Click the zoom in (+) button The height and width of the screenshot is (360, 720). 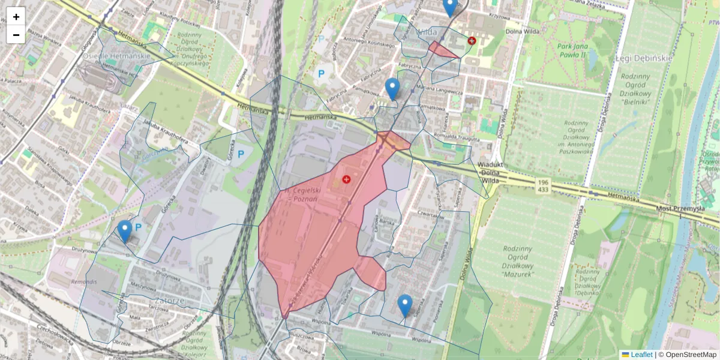pyautogui.click(x=16, y=17)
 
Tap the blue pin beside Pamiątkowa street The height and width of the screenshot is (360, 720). pyautogui.click(x=392, y=89)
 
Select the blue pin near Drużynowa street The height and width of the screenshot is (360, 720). pyautogui.click(x=125, y=231)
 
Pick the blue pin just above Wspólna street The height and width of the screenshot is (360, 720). pyautogui.click(x=405, y=305)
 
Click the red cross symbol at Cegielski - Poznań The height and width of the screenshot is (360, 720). pyautogui.click(x=346, y=179)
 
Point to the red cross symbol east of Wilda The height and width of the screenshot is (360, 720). pyautogui.click(x=472, y=41)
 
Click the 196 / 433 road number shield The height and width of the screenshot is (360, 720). pyautogui.click(x=543, y=185)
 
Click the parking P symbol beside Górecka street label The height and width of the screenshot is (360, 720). pyautogui.click(x=241, y=154)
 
